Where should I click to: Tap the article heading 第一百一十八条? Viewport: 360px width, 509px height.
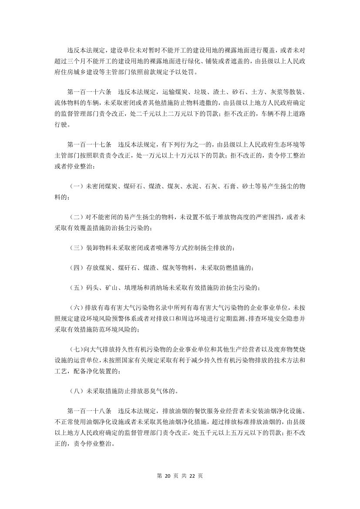90,411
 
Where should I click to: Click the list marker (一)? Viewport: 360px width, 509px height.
77,186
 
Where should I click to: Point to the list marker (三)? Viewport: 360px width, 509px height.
77,248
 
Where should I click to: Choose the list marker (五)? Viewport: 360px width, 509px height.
77,287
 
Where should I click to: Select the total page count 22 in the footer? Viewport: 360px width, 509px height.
192,476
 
